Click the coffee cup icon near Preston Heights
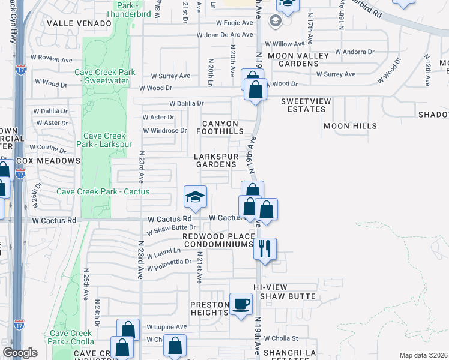click(x=241, y=303)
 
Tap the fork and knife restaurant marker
click(x=265, y=248)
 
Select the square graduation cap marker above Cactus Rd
click(x=195, y=197)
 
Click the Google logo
click(x=20, y=352)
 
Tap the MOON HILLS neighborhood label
click(x=350, y=126)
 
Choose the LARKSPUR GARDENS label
click(x=215, y=160)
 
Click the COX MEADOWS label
click(x=48, y=161)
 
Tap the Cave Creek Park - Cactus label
click(x=103, y=191)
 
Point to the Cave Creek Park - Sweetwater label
click(x=105, y=76)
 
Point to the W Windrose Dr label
click(x=164, y=130)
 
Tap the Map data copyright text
click(x=423, y=355)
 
